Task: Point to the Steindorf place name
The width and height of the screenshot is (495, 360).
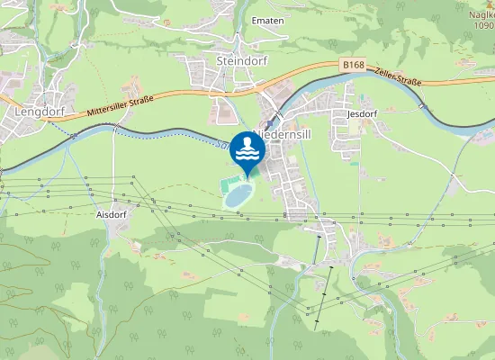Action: pos(238,60)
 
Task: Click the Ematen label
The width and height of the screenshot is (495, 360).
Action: pos(268,20)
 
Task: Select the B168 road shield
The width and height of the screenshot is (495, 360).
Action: pos(354,65)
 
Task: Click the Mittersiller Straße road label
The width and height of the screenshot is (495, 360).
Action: pos(121,105)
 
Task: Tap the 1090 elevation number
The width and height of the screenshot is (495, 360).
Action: pos(483,25)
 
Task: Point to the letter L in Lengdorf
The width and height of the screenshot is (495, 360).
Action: pos(18,112)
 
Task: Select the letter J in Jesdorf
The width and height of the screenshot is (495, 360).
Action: pos(349,114)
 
